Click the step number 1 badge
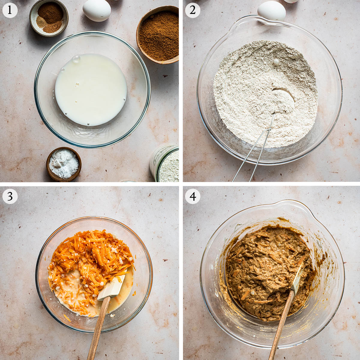coord(10,10)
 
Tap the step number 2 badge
coord(193,10)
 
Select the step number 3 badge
coord(10,196)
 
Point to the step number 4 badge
coord(193,196)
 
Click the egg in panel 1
coord(97,10)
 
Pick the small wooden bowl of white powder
coord(64,164)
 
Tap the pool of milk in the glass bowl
coord(91,90)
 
